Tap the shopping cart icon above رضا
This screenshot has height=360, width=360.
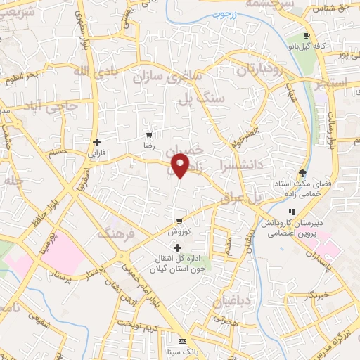(149, 134)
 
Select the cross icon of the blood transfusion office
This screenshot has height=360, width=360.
(177, 247)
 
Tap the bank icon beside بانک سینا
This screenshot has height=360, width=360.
(182, 340)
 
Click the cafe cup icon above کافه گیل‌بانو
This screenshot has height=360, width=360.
(306, 35)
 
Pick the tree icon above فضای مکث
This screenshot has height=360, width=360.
(303, 172)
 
